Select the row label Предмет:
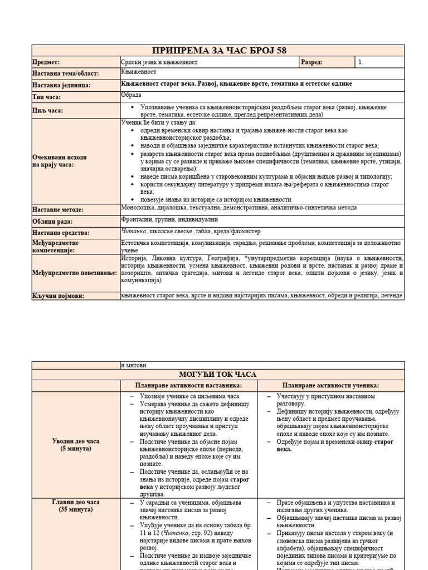tap(46, 63)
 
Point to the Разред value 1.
tap(361, 62)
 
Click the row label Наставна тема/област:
tap(61, 73)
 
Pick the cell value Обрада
tap(132, 95)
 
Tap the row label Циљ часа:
tap(48, 111)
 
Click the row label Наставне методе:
tap(58, 210)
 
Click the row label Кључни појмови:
tap(58, 296)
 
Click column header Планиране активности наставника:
tap(189, 385)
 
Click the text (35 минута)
tap(76, 509)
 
